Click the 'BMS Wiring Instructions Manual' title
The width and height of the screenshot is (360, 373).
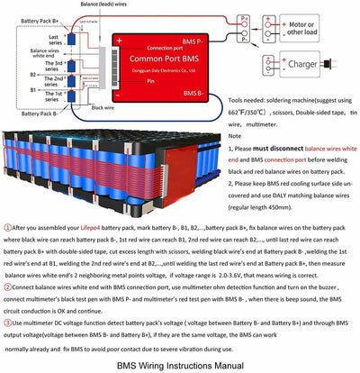(x=180, y=366)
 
